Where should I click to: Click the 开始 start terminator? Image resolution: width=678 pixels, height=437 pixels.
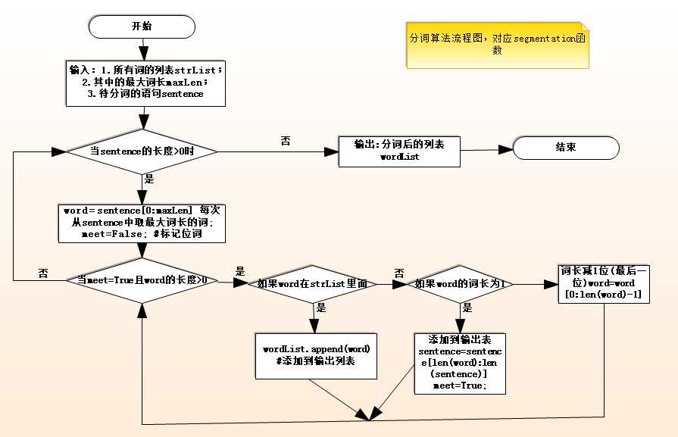point(141,27)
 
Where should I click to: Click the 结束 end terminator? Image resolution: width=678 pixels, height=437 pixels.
point(565,148)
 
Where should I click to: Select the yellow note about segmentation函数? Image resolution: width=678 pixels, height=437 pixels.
point(496,44)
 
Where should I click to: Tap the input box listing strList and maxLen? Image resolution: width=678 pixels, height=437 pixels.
point(144,82)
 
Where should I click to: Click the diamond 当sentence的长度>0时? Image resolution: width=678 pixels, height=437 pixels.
point(142,151)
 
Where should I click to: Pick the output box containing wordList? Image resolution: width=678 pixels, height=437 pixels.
point(398,151)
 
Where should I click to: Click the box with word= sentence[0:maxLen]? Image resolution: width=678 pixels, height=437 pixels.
point(142,222)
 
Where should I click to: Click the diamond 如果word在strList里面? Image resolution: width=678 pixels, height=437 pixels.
point(312,284)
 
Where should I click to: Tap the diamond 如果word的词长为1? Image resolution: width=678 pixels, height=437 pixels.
point(461,284)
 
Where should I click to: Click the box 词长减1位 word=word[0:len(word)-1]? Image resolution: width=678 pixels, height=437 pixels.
point(604,283)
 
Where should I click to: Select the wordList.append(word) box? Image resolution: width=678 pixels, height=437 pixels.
point(316,354)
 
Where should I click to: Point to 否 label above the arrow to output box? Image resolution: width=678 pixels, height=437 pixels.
point(285,141)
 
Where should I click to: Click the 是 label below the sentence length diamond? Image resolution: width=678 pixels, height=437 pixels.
point(149,179)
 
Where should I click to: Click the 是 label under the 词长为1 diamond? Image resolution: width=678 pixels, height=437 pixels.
point(467,308)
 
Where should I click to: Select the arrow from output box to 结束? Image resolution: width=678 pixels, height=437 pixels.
point(486,150)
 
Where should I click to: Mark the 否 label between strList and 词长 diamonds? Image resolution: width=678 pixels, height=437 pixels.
point(399,273)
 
